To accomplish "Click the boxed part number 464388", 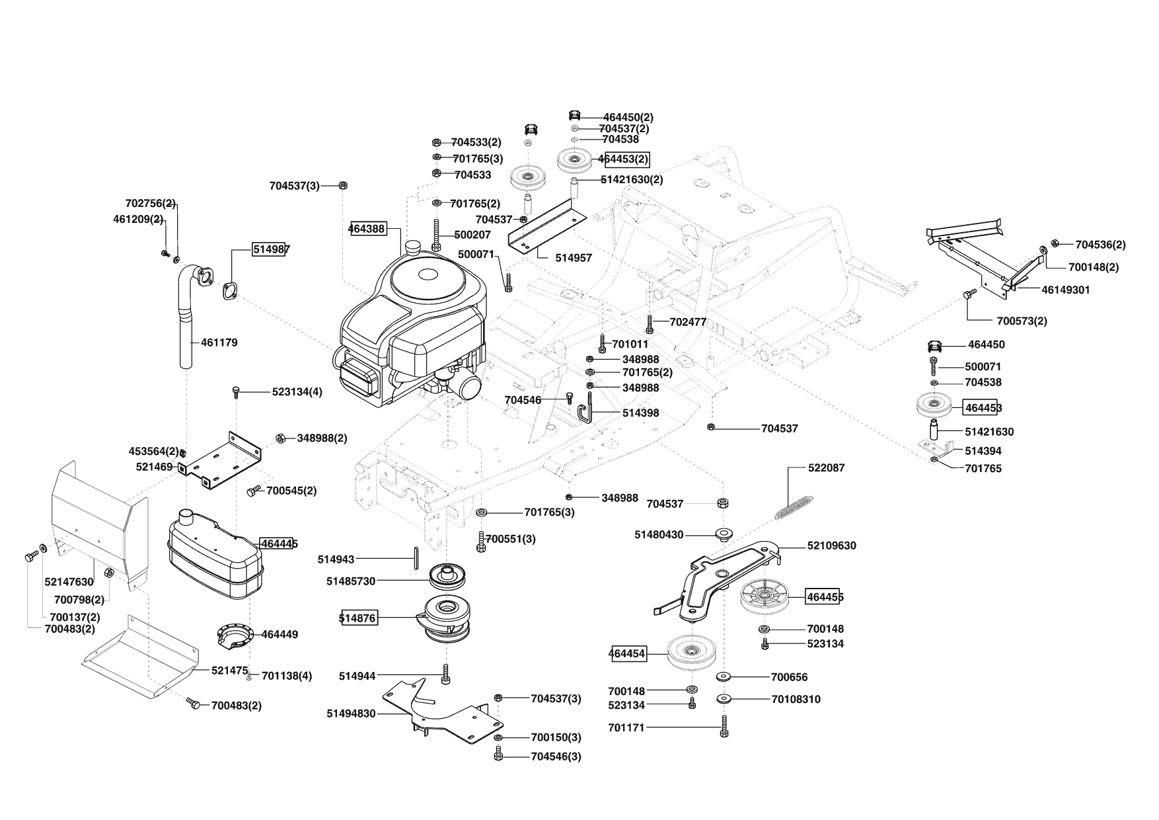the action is (x=367, y=228).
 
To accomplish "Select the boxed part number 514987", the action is (x=270, y=249).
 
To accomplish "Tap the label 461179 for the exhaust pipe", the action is (x=219, y=343).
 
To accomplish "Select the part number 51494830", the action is (x=351, y=714).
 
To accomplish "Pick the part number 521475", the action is (x=229, y=670).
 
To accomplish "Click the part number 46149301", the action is (x=1066, y=290).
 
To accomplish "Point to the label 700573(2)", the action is (x=1022, y=321).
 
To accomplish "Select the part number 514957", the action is (x=574, y=258).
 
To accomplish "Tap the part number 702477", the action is (x=688, y=322).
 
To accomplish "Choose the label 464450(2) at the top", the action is (x=628, y=117).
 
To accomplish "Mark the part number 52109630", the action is (x=831, y=546).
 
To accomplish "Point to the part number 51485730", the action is (x=351, y=581).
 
